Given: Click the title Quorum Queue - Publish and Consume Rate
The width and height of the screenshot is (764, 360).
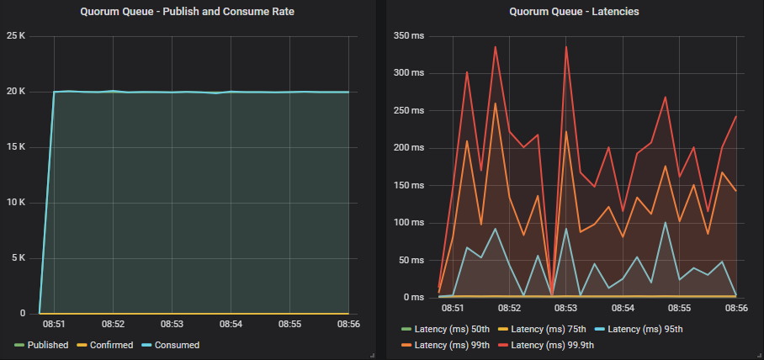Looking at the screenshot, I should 187,12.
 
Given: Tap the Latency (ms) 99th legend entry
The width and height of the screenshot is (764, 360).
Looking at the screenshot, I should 453,345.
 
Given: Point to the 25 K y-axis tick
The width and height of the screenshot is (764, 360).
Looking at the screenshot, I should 16,35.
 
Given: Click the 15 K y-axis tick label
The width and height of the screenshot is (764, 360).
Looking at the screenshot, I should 16,146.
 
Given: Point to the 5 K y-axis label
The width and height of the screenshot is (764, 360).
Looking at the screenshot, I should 19,258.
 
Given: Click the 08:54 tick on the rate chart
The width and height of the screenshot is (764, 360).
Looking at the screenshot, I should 231,324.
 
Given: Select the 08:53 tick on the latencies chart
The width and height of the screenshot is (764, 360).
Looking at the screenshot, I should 566,308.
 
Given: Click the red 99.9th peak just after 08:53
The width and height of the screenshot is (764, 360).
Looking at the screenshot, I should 566,46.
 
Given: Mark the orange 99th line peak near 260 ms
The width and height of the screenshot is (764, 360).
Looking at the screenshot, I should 496,103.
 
